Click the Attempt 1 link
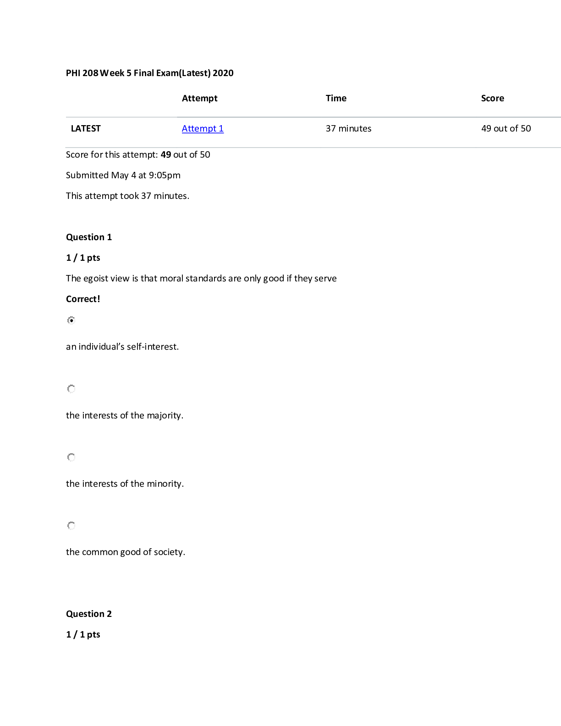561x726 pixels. (x=203, y=128)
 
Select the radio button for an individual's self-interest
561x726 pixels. (x=71, y=320)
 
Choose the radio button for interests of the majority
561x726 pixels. (x=71, y=389)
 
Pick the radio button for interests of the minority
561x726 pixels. (x=71, y=457)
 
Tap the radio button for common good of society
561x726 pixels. (x=71, y=526)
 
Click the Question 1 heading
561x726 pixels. (x=89, y=237)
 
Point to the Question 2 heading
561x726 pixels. (x=89, y=614)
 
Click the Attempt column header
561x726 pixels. (x=199, y=98)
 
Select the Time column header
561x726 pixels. (x=336, y=98)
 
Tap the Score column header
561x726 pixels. (x=493, y=98)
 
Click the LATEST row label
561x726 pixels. (x=86, y=128)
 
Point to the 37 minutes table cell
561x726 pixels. (x=348, y=128)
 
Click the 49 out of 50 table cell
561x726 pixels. (x=506, y=128)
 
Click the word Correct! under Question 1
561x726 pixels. (x=83, y=299)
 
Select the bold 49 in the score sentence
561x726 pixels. (x=166, y=155)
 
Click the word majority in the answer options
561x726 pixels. (x=165, y=416)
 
